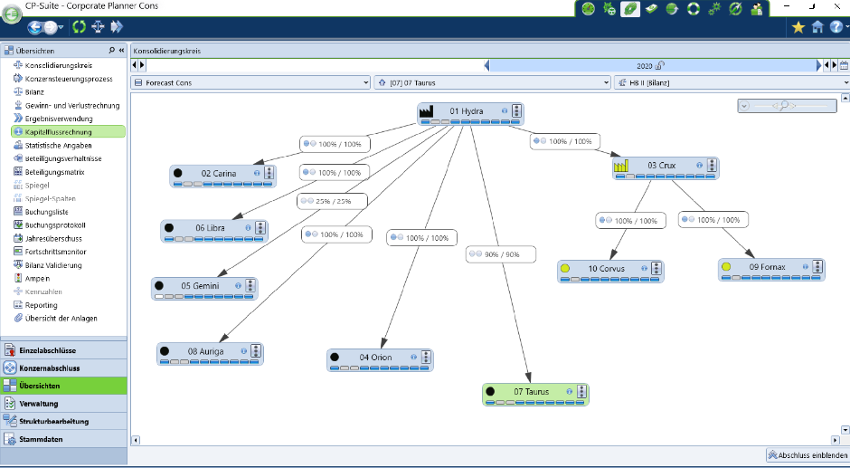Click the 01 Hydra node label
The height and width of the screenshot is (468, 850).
click(467, 111)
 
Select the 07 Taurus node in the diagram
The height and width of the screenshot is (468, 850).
click(535, 395)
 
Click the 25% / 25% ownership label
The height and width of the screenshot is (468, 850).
click(332, 201)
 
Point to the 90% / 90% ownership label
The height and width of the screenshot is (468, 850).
click(501, 254)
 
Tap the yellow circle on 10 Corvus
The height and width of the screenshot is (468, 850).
click(565, 268)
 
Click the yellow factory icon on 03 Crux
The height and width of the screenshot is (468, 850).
click(621, 166)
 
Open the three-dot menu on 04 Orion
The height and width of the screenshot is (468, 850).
click(426, 357)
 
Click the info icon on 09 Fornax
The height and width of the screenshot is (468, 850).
click(806, 266)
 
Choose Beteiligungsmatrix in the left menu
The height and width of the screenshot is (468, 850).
click(55, 172)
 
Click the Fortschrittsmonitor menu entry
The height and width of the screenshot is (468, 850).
click(55, 252)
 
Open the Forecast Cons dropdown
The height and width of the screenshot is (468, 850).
click(251, 83)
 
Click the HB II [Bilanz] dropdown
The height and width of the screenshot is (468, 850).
click(732, 83)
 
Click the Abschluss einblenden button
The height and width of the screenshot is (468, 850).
click(807, 455)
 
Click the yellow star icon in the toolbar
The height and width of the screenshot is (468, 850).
click(798, 26)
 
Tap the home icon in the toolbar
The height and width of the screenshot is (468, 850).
click(817, 26)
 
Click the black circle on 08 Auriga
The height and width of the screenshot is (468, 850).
click(165, 351)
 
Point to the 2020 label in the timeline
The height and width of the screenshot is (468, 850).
click(645, 66)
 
